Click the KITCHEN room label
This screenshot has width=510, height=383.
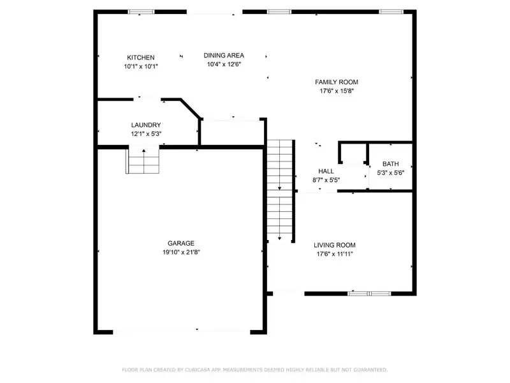[140, 57]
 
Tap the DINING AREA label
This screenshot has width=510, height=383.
[224, 56]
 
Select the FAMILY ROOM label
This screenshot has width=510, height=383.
[337, 82]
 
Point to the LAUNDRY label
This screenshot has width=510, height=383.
[146, 124]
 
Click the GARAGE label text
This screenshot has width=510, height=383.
[181, 243]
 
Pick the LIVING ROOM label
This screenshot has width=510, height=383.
[335, 245]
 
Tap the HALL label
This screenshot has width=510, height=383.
[326, 171]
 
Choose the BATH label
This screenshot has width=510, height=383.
[391, 164]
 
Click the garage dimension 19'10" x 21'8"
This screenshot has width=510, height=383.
[181, 252]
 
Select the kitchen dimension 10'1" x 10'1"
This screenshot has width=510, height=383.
[141, 66]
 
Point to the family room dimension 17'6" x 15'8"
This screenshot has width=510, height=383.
[337, 91]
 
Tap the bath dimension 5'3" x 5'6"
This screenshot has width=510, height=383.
[391, 172]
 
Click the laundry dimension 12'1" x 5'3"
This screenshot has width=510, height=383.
[147, 133]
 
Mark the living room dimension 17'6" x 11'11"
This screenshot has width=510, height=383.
[335, 254]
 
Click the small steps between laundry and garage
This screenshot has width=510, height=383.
[143, 161]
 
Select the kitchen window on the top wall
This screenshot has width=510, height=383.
[141, 11]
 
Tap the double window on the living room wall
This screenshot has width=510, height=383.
[369, 294]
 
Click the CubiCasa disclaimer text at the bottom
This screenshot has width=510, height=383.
[254, 370]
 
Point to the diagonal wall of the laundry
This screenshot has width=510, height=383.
[191, 109]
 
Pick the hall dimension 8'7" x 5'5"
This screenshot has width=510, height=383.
[326, 180]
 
